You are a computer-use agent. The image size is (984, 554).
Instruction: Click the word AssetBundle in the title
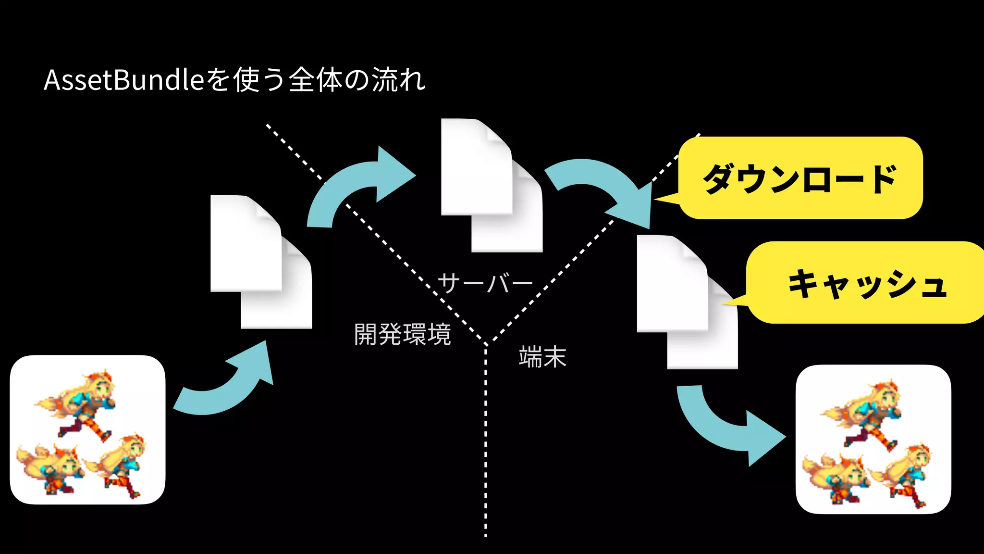tap(124, 80)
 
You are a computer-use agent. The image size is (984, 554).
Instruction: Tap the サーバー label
tap(485, 283)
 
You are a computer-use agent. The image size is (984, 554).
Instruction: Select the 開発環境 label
tap(403, 334)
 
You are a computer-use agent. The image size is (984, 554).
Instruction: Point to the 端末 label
tap(543, 357)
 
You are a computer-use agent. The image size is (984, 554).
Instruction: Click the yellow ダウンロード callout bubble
tap(800, 178)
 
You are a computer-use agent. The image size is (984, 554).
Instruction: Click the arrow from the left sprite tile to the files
tap(226, 385)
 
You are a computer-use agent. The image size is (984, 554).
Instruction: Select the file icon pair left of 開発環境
tap(260, 262)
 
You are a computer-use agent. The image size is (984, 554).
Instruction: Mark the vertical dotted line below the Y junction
tap(486, 442)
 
